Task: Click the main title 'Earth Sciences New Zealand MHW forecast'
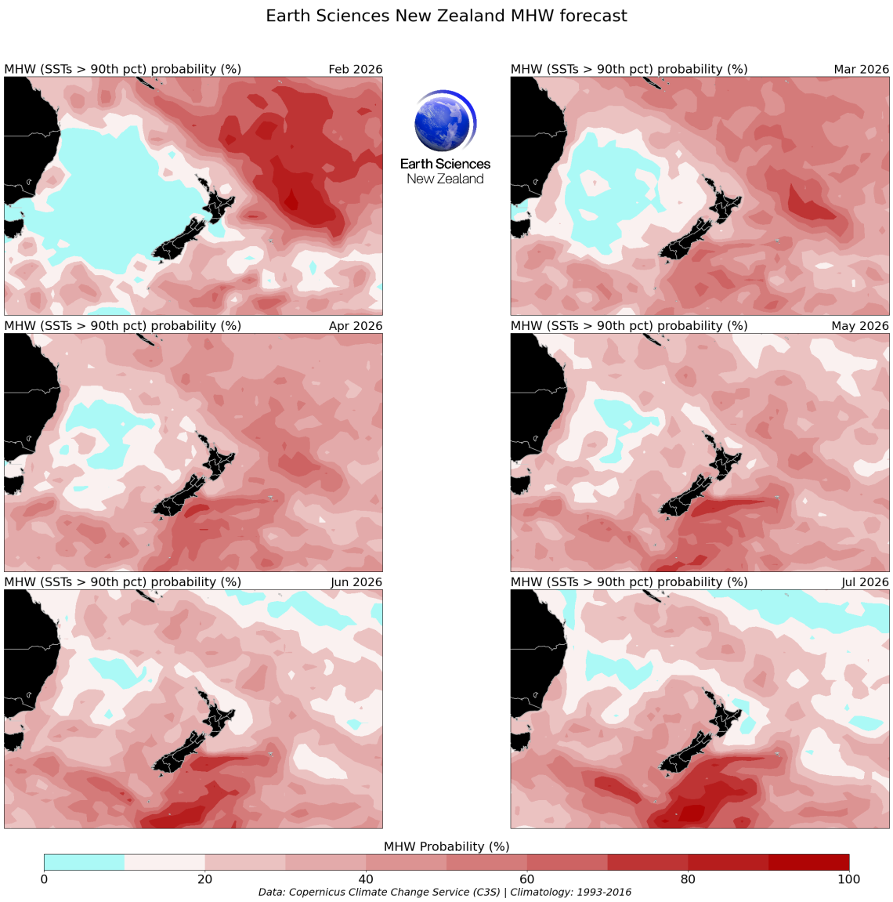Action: [446, 16]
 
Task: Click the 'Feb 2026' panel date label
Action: [355, 69]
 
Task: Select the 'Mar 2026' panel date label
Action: [861, 69]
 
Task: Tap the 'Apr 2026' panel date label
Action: [355, 325]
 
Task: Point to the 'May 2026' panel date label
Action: [860, 325]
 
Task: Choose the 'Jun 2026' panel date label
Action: [356, 581]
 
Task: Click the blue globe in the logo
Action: [444, 122]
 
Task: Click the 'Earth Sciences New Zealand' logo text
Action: [445, 171]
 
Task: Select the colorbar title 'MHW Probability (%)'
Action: [446, 846]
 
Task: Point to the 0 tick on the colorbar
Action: [44, 879]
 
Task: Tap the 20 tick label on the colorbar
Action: [204, 879]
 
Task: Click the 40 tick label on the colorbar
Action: [366, 879]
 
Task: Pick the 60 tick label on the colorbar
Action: [526, 879]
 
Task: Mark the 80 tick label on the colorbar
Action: [688, 879]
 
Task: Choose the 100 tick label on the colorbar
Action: [848, 879]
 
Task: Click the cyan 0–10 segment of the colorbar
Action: [84, 862]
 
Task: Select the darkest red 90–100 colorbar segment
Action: [808, 862]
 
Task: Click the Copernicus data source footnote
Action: [445, 892]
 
